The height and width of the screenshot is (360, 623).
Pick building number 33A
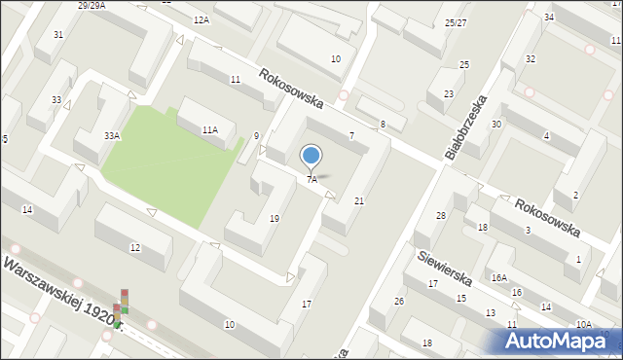pyautogui.click(x=112, y=136)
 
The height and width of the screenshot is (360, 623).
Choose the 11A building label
pyautogui.click(x=209, y=129)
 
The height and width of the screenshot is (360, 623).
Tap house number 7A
pyautogui.click(x=311, y=180)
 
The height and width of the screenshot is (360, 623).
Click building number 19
pyautogui.click(x=275, y=218)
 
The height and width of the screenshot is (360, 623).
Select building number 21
pyautogui.click(x=359, y=201)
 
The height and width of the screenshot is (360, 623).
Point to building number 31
pyautogui.click(x=58, y=35)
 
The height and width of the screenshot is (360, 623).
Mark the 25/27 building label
pyautogui.click(x=456, y=22)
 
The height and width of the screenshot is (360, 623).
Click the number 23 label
pyautogui.click(x=449, y=94)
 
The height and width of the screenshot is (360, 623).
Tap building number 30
pyautogui.click(x=496, y=125)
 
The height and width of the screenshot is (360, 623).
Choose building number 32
pyautogui.click(x=531, y=59)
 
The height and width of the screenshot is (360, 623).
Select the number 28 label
pyautogui.click(x=440, y=215)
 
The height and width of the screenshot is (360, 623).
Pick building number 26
pyautogui.click(x=399, y=301)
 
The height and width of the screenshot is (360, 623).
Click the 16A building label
pyautogui.click(x=499, y=277)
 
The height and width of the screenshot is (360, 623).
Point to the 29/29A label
pyautogui.click(x=92, y=5)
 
